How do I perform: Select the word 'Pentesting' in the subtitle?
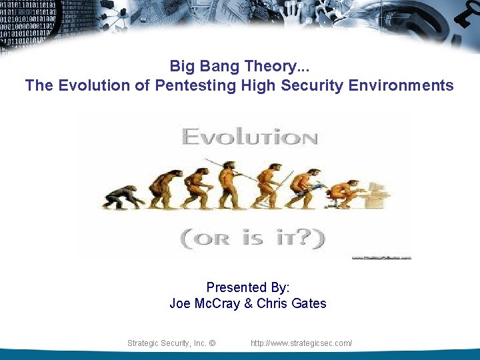195,85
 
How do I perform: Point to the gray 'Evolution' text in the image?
249,138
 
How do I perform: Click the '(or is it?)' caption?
253,237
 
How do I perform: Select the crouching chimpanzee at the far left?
123,197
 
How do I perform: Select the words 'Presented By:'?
247,287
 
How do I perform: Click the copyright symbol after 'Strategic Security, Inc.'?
212,343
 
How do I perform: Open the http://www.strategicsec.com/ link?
301,343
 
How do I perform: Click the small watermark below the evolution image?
381,257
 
